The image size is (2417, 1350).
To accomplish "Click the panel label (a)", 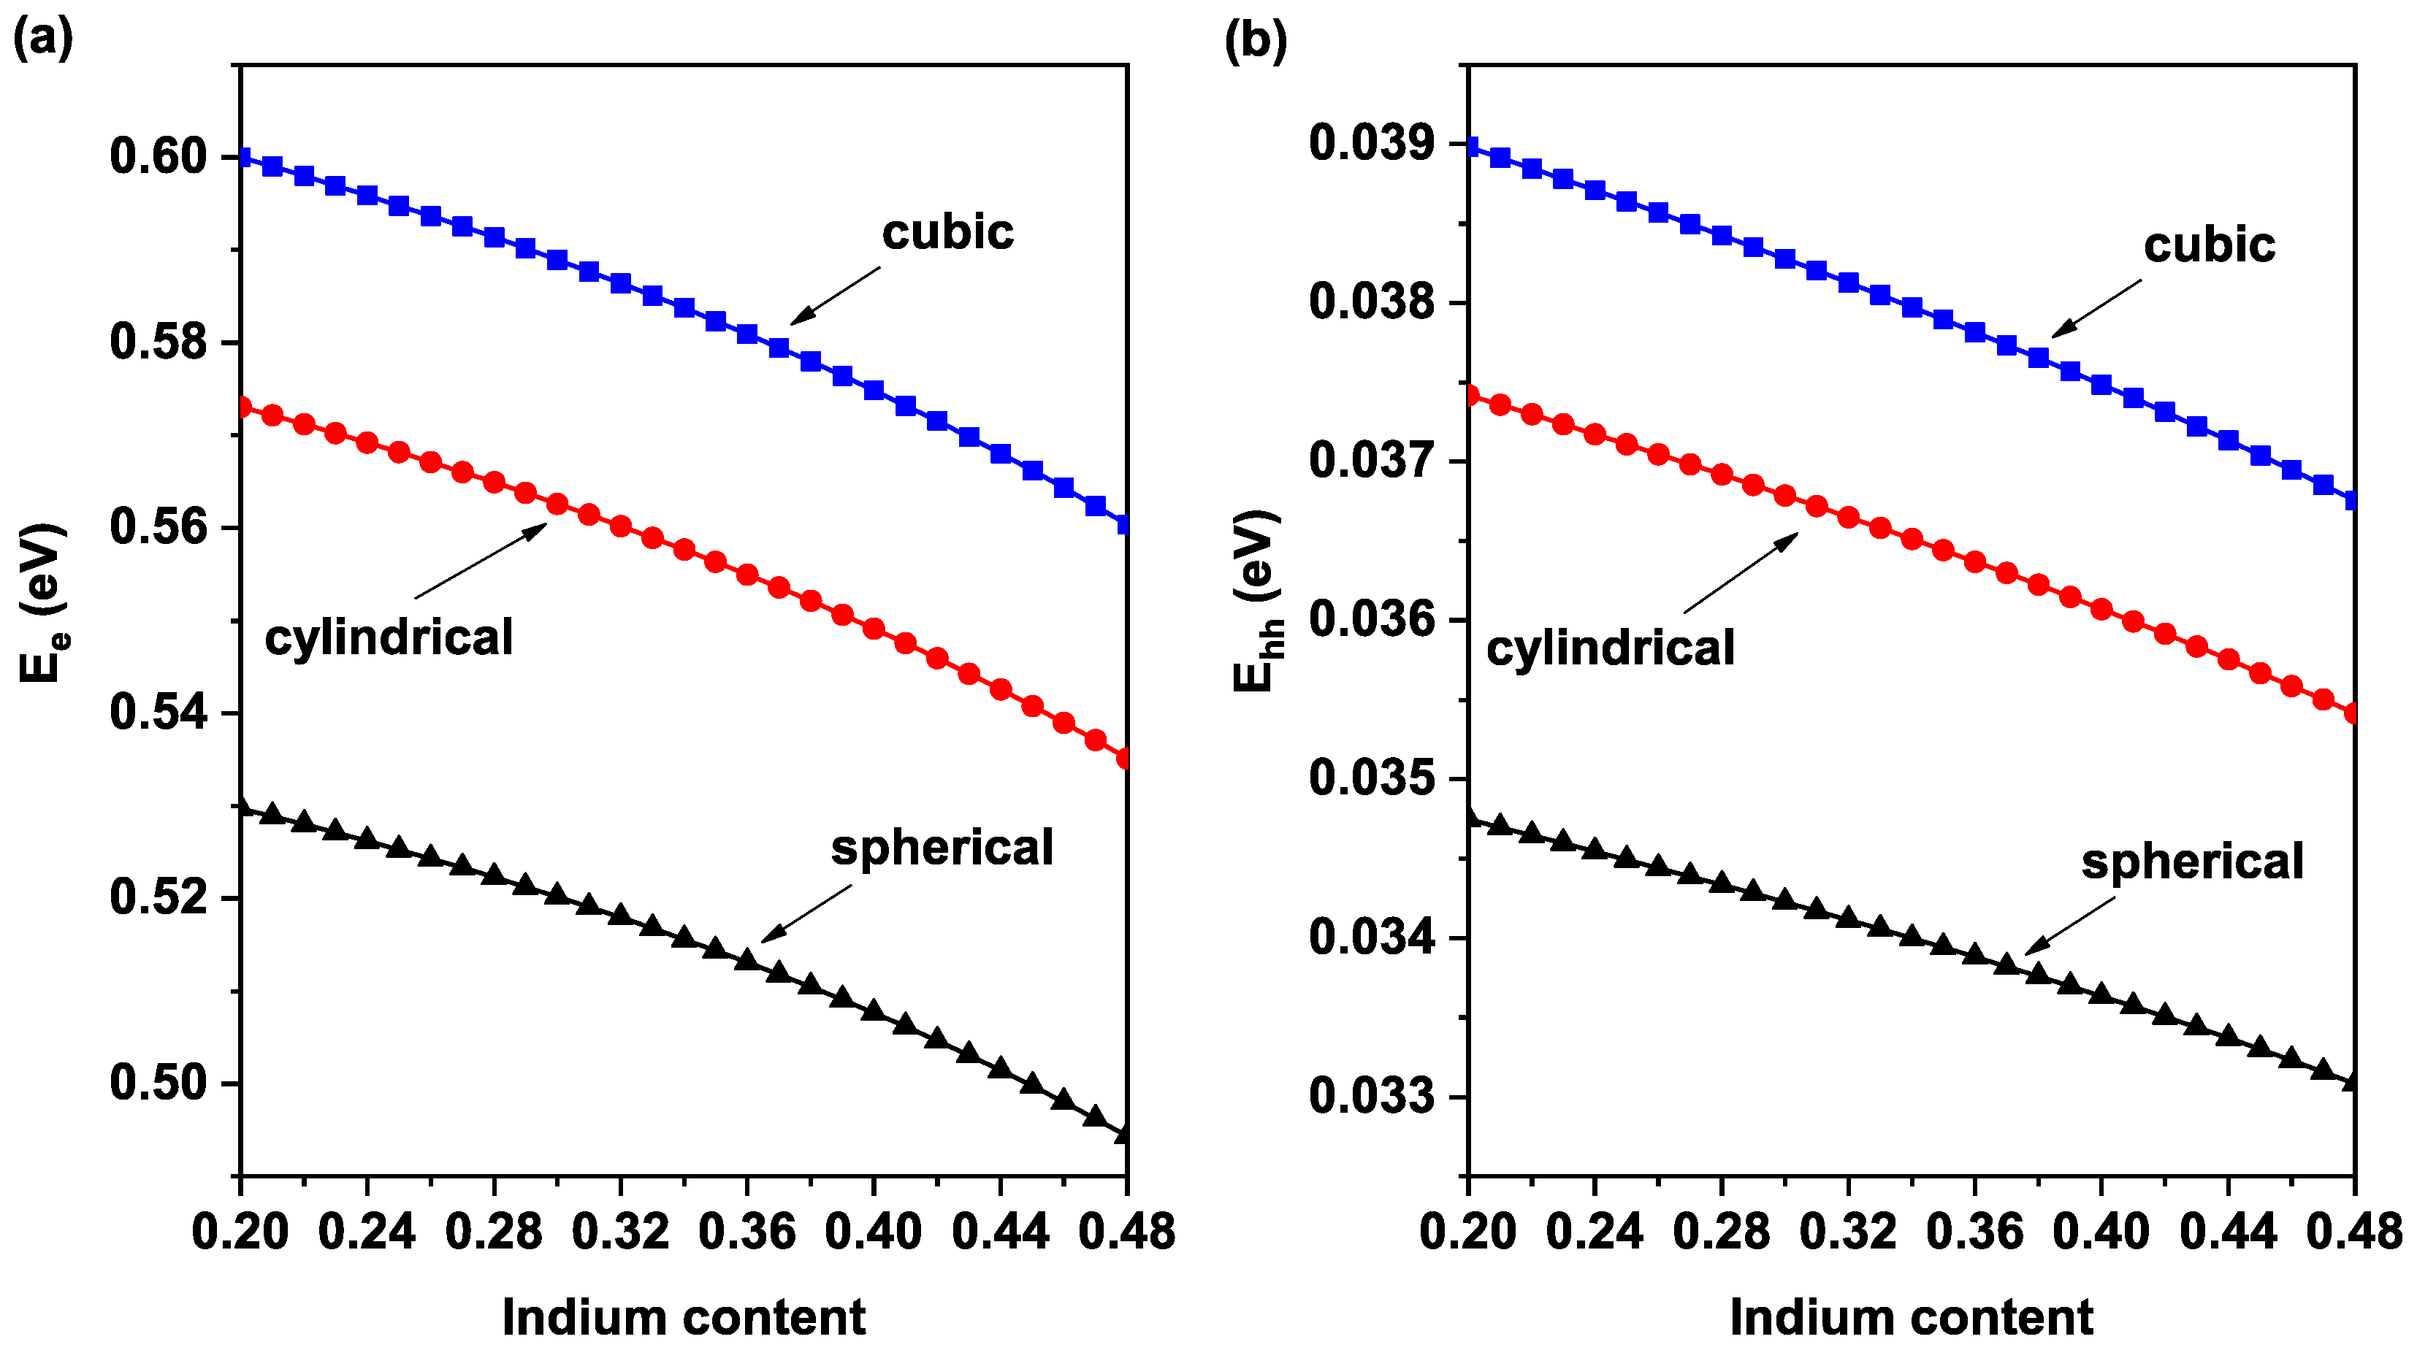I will [x=42, y=40].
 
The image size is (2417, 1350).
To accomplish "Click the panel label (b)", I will [x=1256, y=40].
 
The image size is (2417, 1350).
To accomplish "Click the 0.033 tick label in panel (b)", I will [x=1372, y=1096].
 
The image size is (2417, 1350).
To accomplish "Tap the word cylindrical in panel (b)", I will [x=1610, y=648].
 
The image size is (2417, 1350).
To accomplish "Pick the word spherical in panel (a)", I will [x=942, y=847].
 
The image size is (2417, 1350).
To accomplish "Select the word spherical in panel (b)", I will [x=2192, y=862].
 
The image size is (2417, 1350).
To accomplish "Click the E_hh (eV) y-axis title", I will [x=1257, y=600].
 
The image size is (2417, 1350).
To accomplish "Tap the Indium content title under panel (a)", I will [x=683, y=1317].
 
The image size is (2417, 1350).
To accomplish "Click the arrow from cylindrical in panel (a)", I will [x=481, y=561].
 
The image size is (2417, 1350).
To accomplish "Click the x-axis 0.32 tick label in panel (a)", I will [x=620, y=1231].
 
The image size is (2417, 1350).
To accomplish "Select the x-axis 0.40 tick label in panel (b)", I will [x=2101, y=1231].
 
